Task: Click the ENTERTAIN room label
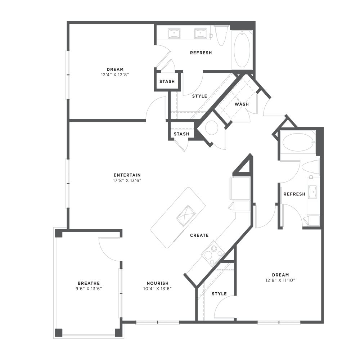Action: pos(126,175)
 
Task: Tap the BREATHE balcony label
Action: pos(89,283)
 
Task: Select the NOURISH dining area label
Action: pos(158,283)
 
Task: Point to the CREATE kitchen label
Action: pos(199,235)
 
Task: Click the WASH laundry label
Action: pos(241,104)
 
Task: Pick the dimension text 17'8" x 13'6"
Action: pos(126,180)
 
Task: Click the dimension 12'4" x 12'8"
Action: pos(115,75)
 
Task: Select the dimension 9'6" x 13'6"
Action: pos(89,288)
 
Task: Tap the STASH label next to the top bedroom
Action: pos(167,82)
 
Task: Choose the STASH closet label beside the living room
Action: pos(181,134)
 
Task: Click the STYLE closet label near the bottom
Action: pos(219,294)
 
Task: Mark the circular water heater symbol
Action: pos(211,127)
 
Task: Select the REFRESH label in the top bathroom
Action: pos(201,53)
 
